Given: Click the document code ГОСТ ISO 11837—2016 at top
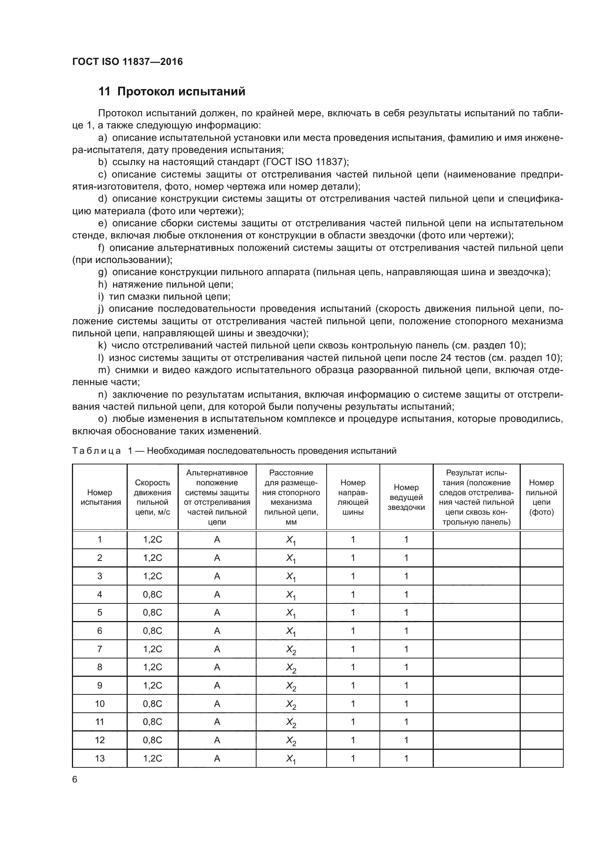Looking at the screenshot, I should (x=127, y=62).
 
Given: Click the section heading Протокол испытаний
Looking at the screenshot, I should (x=172, y=92).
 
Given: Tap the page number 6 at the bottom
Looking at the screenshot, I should (x=75, y=779).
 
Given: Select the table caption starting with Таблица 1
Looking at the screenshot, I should (x=234, y=451).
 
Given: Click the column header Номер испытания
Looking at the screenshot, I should (x=100, y=497).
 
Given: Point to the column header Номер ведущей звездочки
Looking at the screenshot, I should (x=406, y=497).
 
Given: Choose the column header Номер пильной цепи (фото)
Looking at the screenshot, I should (x=541, y=497).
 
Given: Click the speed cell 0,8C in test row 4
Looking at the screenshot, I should (x=153, y=595).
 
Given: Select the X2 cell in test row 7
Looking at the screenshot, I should (x=291, y=650).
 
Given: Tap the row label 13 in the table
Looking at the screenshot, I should (x=100, y=758).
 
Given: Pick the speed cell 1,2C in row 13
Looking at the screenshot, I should (x=153, y=758).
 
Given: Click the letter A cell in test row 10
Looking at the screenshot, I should (x=217, y=704).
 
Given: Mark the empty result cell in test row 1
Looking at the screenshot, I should (x=476, y=540).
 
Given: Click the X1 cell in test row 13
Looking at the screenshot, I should (x=291, y=759).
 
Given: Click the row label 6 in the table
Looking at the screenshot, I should (x=100, y=631).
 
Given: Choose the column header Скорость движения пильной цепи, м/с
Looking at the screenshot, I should (x=153, y=497).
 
